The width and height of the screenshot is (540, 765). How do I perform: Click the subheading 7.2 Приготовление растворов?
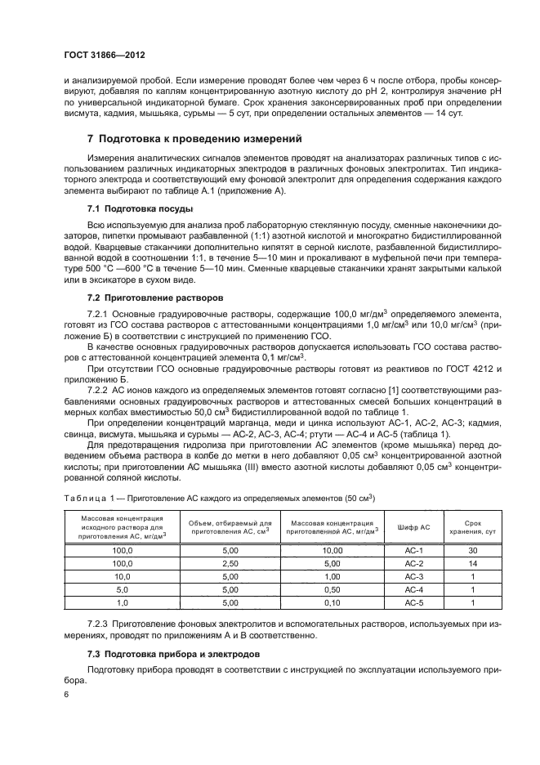(150, 296)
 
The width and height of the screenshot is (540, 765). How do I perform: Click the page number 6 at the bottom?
(67, 694)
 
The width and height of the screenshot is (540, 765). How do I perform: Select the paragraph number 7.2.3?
(100, 625)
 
